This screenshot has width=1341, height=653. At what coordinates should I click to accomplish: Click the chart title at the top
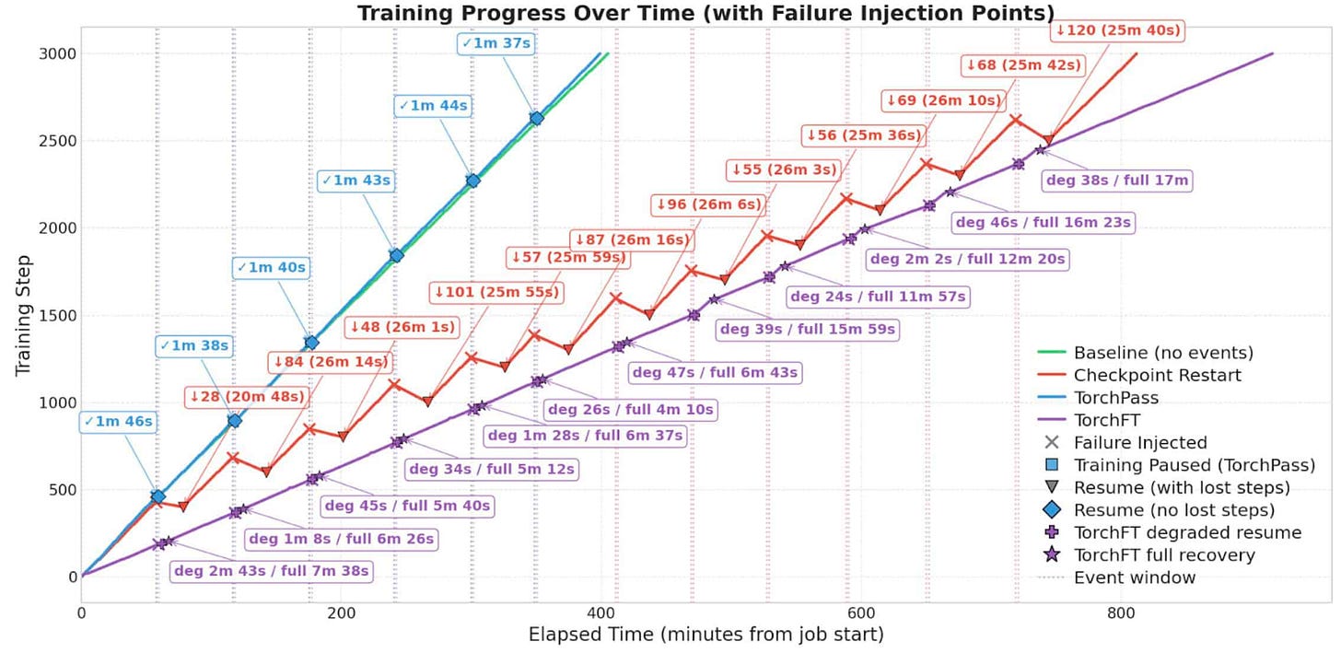pos(705,13)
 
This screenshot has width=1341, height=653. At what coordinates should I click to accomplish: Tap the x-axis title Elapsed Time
pos(705,635)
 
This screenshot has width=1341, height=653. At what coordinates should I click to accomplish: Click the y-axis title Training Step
pos(25,314)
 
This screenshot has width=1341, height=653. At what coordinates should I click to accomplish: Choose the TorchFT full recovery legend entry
pos(1164,555)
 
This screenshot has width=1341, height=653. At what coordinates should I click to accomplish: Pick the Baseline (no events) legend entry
pos(1163,353)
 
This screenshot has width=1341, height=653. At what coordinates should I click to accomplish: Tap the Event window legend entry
pos(1135,577)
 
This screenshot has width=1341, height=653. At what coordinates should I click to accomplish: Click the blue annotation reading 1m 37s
pos(496,43)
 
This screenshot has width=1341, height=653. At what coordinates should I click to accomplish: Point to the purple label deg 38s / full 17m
pos(1116,181)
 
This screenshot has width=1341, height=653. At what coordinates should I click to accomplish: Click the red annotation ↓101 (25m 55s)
pos(496,293)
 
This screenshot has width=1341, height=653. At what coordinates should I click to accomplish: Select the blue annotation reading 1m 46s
pos(118,422)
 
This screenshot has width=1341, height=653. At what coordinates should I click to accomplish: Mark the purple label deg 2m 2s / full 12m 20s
pos(967,259)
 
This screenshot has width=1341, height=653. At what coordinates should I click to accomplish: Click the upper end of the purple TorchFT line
pos(1272,53)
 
